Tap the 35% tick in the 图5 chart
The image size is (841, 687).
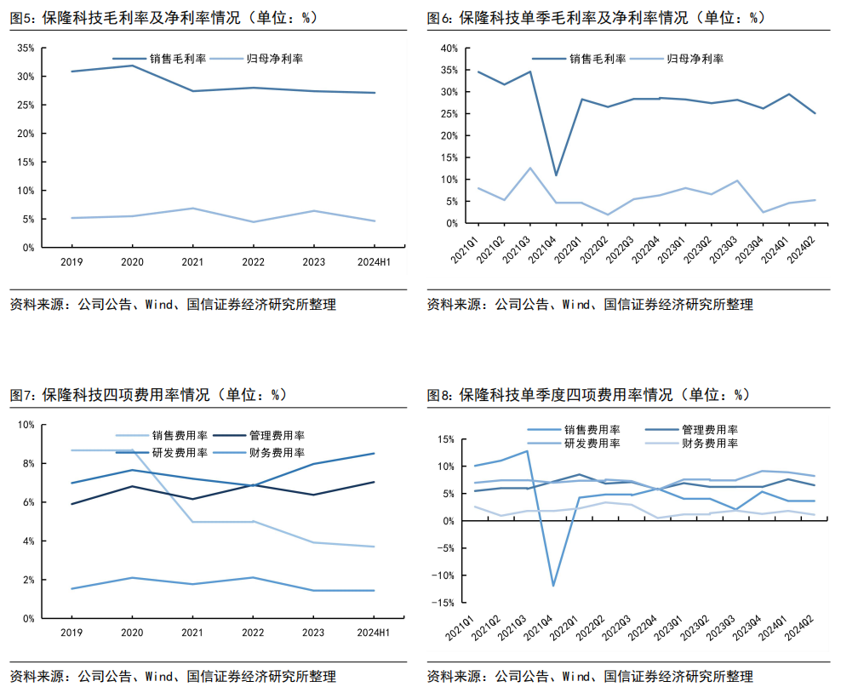26,49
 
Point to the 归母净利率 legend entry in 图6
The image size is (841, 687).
694,59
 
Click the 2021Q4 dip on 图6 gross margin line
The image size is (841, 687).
555,175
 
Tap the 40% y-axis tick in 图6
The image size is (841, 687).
449,49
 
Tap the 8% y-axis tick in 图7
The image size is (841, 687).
26,463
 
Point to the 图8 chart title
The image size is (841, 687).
587,395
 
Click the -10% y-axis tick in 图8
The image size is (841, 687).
444,575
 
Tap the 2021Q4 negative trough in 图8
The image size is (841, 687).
552,585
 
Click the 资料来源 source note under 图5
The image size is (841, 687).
173,305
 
